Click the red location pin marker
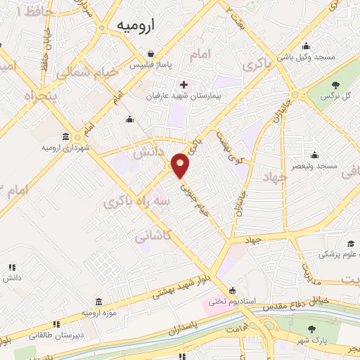(181, 166)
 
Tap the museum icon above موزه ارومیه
(98, 300)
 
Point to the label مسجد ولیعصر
(317, 166)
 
